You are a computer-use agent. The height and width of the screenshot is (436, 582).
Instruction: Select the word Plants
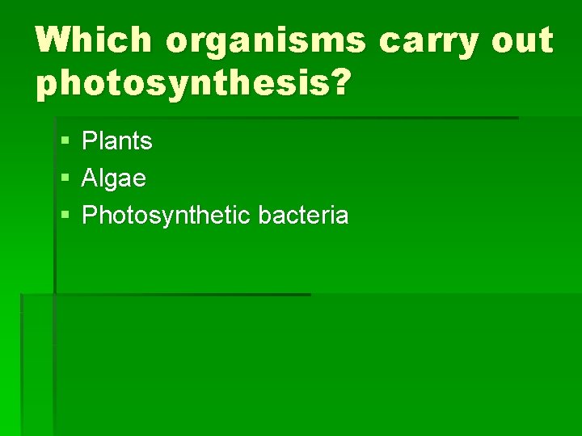[117, 141]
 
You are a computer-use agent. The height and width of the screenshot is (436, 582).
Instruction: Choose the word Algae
[114, 178]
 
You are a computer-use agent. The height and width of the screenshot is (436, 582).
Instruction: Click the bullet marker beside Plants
[65, 142]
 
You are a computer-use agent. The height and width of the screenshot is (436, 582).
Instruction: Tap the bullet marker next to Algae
[65, 179]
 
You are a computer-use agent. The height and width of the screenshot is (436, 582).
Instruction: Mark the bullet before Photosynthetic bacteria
[65, 216]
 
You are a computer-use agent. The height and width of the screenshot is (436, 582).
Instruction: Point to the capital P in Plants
[89, 141]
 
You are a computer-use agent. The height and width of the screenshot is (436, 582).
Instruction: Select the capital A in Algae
[90, 178]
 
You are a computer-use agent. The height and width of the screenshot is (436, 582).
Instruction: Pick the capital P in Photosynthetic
[89, 216]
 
